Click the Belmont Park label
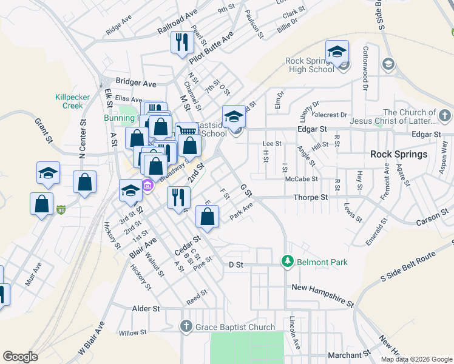click(322, 262)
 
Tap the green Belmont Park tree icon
click(288, 261)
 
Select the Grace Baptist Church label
click(235, 327)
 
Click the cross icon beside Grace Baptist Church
click(187, 327)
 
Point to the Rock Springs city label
click(399, 154)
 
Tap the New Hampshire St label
click(322, 294)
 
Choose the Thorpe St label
click(310, 197)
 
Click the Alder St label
click(146, 308)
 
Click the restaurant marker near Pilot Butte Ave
click(181, 42)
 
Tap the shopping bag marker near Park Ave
click(207, 217)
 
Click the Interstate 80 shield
click(61, 211)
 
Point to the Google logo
click(20, 357)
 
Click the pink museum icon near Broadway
click(147, 184)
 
